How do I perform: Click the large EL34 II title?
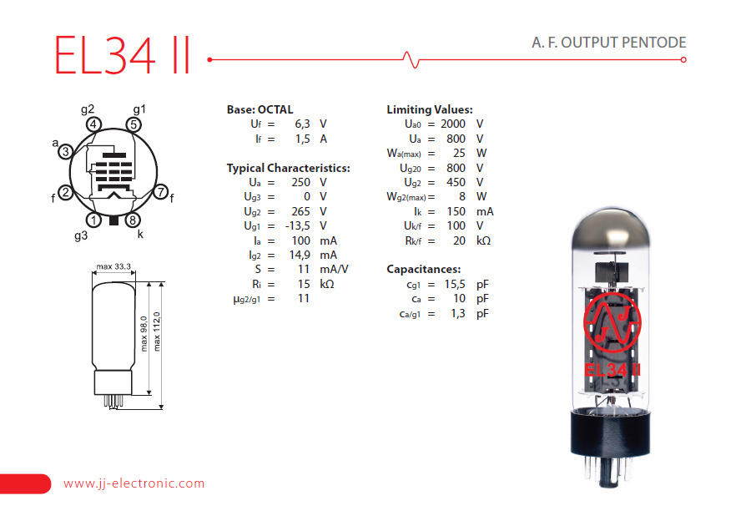coord(123,54)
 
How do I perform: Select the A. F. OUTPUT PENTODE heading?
coord(609,43)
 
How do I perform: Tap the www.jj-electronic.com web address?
coord(134,483)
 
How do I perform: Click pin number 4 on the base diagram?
coord(94,124)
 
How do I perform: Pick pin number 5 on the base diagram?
coord(133,124)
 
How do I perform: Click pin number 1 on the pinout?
coord(94,220)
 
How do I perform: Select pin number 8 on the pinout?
coord(132,220)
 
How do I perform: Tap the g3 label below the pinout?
coord(81,235)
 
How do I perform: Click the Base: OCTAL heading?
coord(260,109)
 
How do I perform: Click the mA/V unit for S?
coord(334,269)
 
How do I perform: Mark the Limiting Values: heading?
coord(429,109)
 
